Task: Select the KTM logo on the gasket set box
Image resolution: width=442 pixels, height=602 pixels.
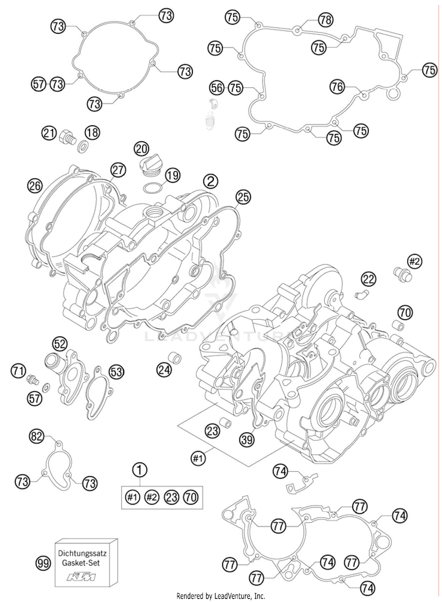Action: (x=81, y=576)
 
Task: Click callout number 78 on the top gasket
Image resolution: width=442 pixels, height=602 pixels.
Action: (x=326, y=20)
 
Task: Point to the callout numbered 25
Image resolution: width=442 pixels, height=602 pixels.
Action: (x=243, y=197)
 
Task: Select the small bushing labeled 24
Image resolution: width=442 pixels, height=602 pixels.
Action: (x=174, y=357)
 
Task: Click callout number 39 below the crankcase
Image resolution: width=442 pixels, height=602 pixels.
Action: (x=247, y=440)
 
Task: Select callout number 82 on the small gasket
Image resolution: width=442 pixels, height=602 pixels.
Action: (x=37, y=436)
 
